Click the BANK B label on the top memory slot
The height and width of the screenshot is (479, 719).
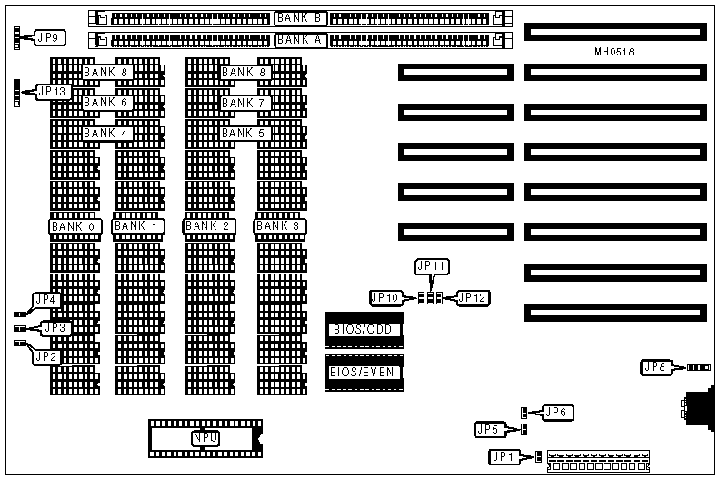pyautogui.click(x=301, y=17)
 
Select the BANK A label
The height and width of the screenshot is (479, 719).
pyautogui.click(x=301, y=39)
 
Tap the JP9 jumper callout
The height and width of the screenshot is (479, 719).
pyautogui.click(x=47, y=37)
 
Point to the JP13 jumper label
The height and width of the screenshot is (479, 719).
pyautogui.click(x=51, y=91)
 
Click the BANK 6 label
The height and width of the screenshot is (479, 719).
pyautogui.click(x=105, y=103)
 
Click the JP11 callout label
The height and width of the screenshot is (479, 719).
pyautogui.click(x=432, y=266)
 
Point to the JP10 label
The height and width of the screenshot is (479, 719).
pyautogui.click(x=385, y=297)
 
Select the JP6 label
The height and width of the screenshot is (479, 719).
pyautogui.click(x=556, y=413)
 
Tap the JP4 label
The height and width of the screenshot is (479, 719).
pyautogui.click(x=45, y=299)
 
